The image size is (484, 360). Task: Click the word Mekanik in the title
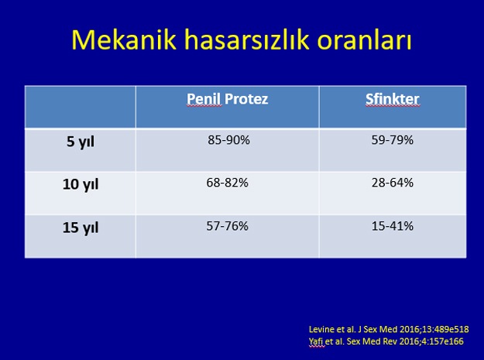click(124, 39)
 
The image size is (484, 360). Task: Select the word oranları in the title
click(365, 39)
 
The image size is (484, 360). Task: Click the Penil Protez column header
click(227, 99)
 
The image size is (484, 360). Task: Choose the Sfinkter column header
click(393, 99)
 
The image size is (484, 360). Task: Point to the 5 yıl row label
click(81, 142)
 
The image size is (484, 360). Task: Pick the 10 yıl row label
click(81, 184)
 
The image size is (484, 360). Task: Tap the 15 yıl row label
click(81, 228)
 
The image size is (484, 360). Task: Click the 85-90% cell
click(228, 140)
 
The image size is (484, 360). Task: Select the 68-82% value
click(227, 183)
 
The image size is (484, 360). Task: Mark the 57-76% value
click(227, 226)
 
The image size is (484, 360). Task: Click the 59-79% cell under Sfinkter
click(393, 140)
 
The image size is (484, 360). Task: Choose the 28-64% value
click(393, 183)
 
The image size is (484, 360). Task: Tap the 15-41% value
click(393, 226)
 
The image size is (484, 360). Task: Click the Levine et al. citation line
click(389, 330)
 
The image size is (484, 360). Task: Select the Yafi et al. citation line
click(386, 341)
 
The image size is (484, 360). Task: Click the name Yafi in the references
click(316, 341)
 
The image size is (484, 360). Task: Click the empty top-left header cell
click(81, 107)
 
